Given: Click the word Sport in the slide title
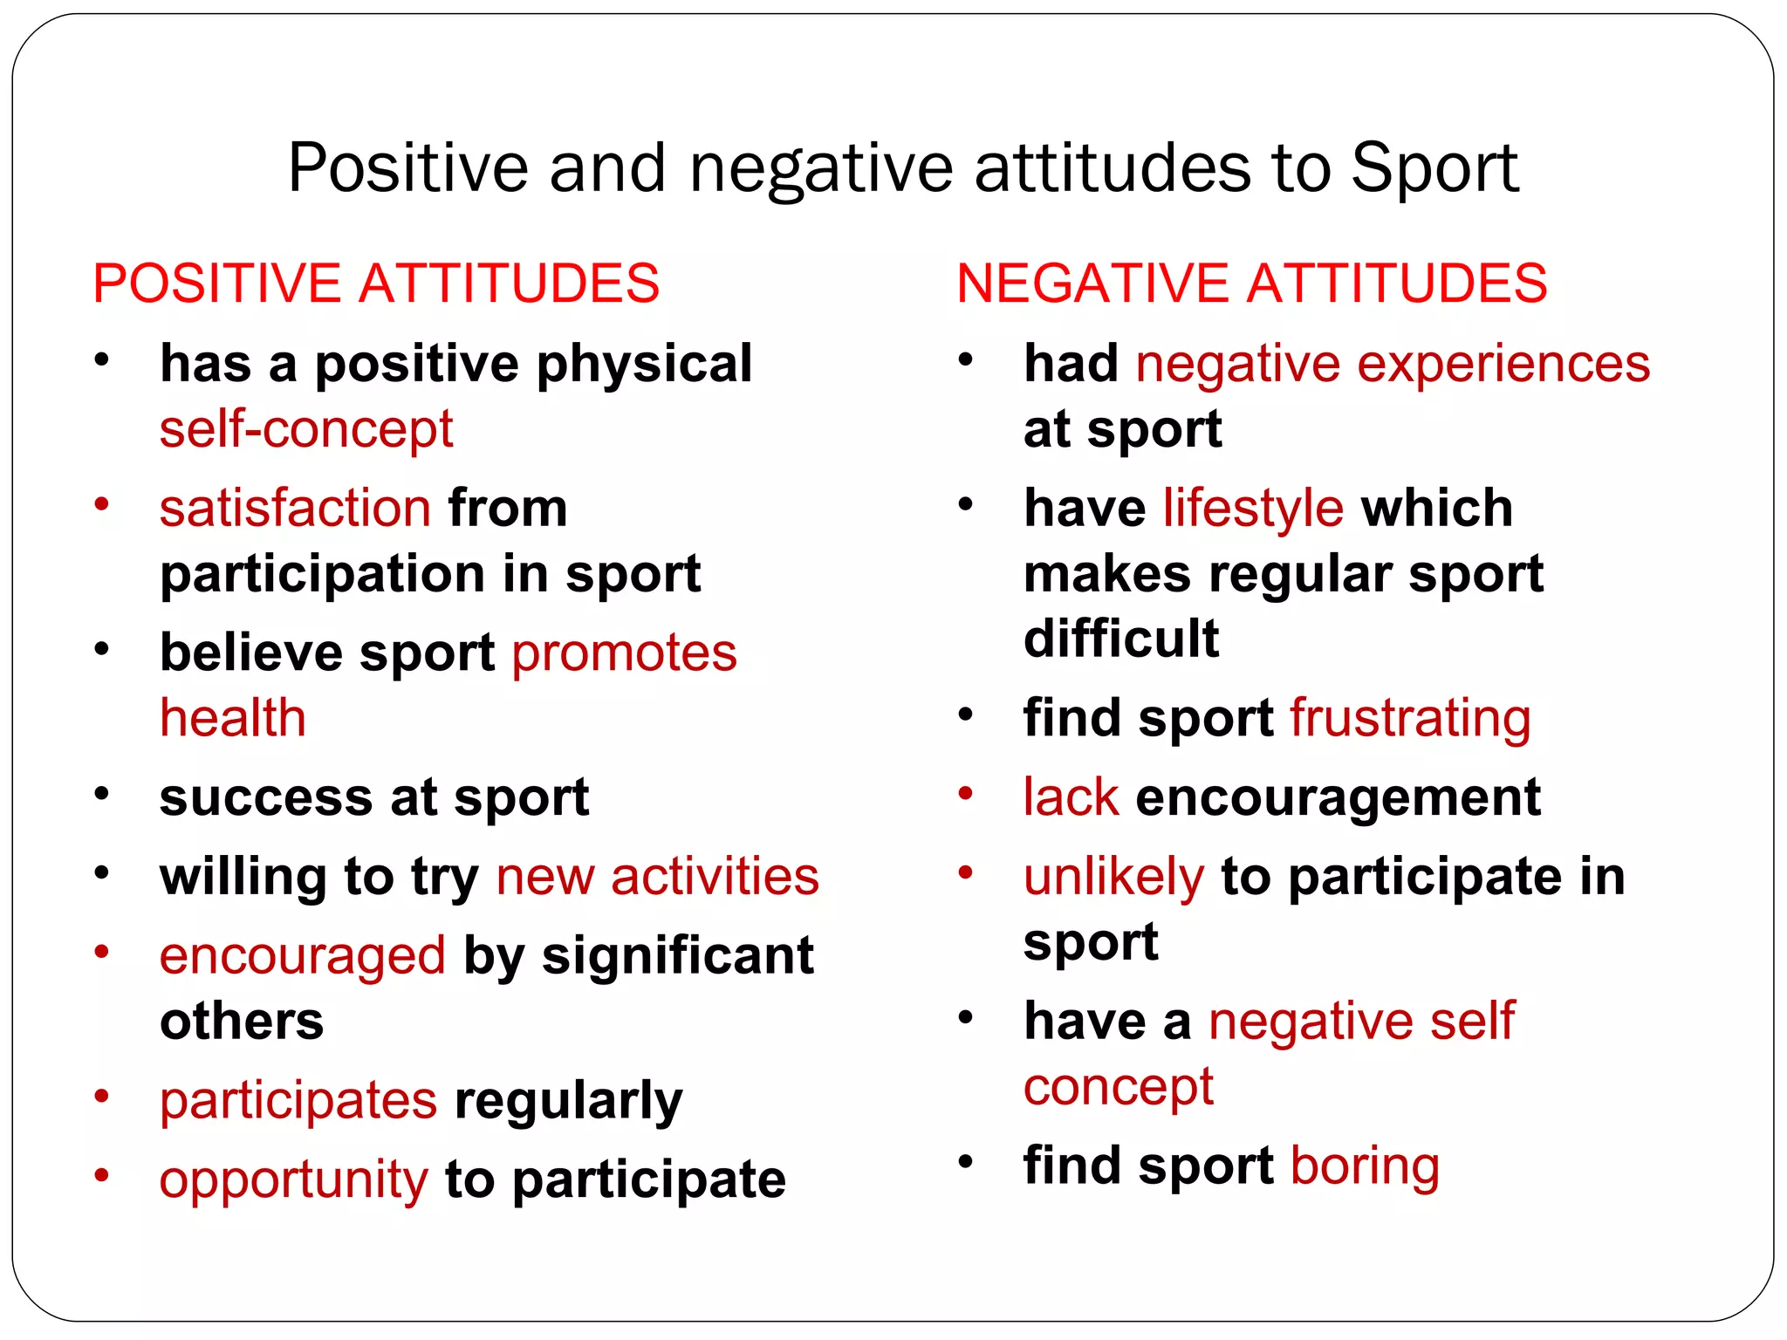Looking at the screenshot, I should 1434,167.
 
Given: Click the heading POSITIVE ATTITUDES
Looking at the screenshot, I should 376,284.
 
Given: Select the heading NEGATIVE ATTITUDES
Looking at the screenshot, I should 1251,284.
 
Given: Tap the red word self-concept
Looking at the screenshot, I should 306,429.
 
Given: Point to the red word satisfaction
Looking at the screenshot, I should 295,509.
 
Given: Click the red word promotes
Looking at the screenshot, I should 624,653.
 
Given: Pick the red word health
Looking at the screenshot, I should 233,718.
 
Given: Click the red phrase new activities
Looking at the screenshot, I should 657,877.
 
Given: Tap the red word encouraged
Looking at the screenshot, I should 302,956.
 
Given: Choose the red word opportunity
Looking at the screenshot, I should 293,1179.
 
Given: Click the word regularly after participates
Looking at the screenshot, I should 568,1101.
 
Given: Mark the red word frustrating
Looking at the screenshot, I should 1410,718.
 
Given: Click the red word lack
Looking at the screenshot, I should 1071,797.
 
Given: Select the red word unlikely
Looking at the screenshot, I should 1113,877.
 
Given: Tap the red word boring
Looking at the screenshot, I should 1365,1166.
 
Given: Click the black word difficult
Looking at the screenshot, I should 1121,639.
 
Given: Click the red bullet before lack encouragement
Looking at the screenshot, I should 966,793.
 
